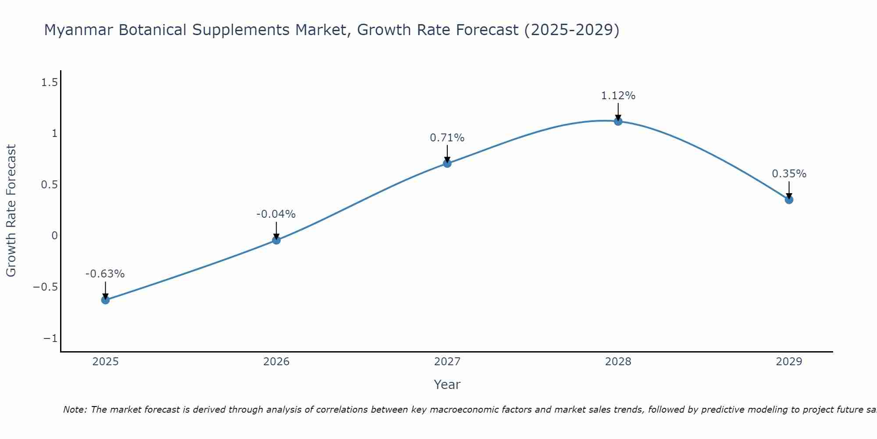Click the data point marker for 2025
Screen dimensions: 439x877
click(x=105, y=300)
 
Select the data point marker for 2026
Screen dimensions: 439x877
click(x=276, y=240)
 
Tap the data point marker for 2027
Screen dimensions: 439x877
click(x=447, y=163)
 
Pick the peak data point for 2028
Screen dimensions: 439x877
click(x=618, y=121)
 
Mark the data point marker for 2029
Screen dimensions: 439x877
click(x=789, y=200)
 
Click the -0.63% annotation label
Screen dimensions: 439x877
click(x=105, y=274)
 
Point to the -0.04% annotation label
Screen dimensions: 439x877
click(x=276, y=214)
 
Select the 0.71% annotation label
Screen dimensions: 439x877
click(x=447, y=138)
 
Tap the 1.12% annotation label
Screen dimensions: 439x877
click(x=618, y=96)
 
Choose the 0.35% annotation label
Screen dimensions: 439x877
click(x=789, y=174)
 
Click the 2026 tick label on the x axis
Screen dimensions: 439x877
click(x=276, y=362)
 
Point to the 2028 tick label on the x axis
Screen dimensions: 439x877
click(x=618, y=362)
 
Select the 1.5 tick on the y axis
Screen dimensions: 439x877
click(x=50, y=82)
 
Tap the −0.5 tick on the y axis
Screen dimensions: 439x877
click(x=46, y=287)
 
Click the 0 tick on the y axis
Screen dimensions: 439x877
click(x=54, y=236)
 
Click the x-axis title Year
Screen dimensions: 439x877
click(x=447, y=385)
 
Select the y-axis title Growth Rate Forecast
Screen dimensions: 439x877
click(x=11, y=211)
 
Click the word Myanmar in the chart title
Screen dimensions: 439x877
click(x=78, y=30)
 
